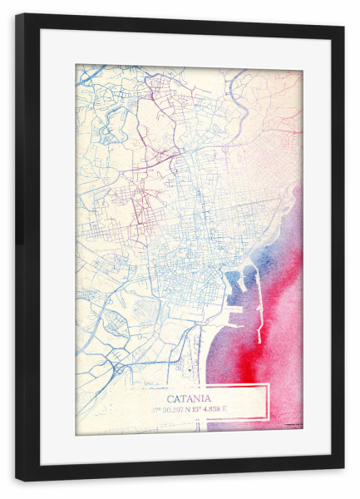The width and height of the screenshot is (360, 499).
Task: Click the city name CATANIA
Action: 190,398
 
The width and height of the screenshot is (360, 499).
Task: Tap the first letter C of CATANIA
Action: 170,398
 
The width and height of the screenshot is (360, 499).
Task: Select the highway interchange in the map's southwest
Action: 117,366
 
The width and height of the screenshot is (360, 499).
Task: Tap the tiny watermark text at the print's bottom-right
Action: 292,426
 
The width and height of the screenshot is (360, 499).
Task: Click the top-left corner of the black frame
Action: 17,15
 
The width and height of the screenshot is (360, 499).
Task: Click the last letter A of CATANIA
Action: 209,398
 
